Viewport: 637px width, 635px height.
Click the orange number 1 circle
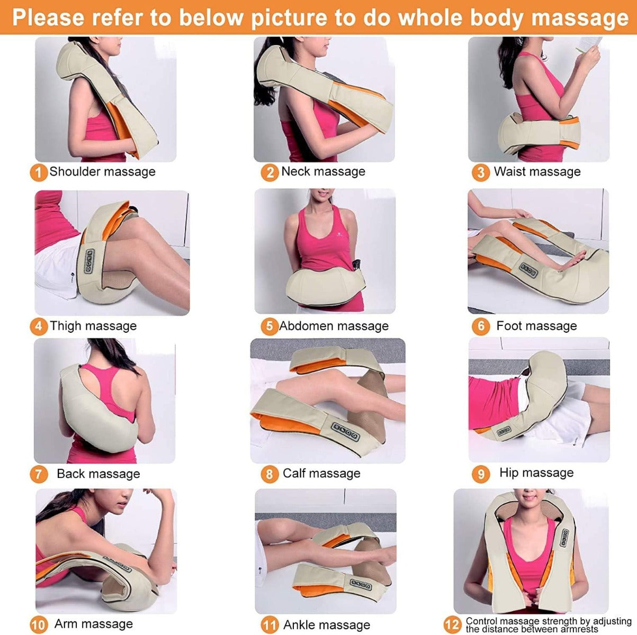point(38,173)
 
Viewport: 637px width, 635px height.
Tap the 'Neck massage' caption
point(323,171)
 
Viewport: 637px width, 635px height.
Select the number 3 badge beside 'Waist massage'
point(480,173)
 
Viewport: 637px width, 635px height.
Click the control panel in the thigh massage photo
point(89,261)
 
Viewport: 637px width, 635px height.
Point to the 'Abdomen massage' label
point(334,326)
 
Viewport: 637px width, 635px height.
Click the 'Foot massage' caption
point(536,326)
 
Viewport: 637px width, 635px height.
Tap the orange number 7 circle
point(38,474)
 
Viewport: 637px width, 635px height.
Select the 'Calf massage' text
point(321,474)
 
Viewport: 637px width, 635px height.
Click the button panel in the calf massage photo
point(346,431)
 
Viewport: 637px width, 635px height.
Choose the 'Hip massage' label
point(536,473)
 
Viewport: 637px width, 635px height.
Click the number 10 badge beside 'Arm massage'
point(39,625)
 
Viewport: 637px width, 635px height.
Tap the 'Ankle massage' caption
point(327,625)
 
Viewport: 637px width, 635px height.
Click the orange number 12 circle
point(452,624)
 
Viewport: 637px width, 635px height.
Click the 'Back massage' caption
point(98,474)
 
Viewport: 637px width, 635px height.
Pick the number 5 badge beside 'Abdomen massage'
point(269,326)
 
